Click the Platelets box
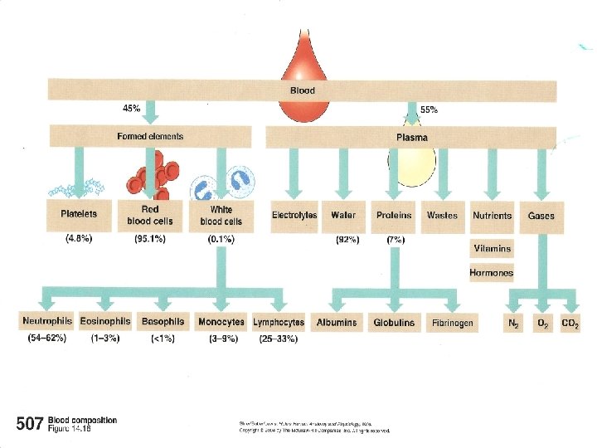click(79, 215)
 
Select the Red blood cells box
click(149, 216)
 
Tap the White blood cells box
click(221, 216)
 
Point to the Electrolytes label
click(294, 216)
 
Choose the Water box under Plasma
click(343, 216)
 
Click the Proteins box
click(394, 216)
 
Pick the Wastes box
click(442, 216)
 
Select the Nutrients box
click(493, 216)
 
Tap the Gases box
click(541, 216)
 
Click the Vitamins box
click(493, 248)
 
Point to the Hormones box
click(492, 272)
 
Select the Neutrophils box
click(47, 322)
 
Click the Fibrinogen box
click(453, 322)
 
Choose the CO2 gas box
click(570, 322)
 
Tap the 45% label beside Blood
click(132, 108)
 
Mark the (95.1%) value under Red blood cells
click(150, 240)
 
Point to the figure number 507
click(29, 425)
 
